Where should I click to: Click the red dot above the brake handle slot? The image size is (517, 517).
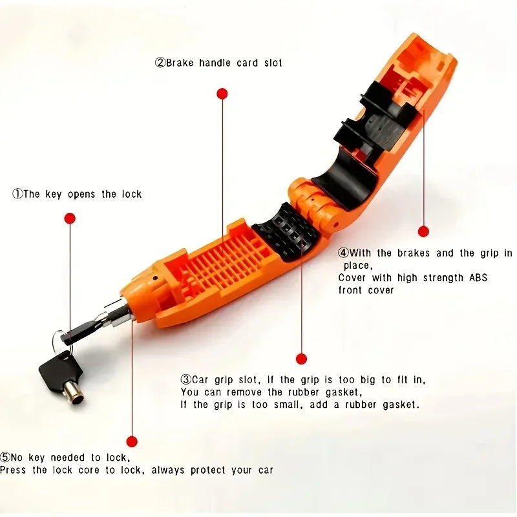222,94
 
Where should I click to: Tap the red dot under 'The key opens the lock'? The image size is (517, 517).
70,218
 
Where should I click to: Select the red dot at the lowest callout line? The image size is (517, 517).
132,442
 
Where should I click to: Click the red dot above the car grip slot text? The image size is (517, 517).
301,359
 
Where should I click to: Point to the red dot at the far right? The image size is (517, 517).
423,231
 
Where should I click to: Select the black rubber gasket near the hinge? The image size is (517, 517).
284,231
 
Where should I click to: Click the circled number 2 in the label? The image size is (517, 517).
160,63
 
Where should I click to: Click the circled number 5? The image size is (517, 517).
5,457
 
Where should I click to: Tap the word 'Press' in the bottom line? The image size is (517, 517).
13,470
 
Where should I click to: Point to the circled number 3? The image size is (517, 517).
185,380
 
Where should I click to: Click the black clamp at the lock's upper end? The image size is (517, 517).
375,120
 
